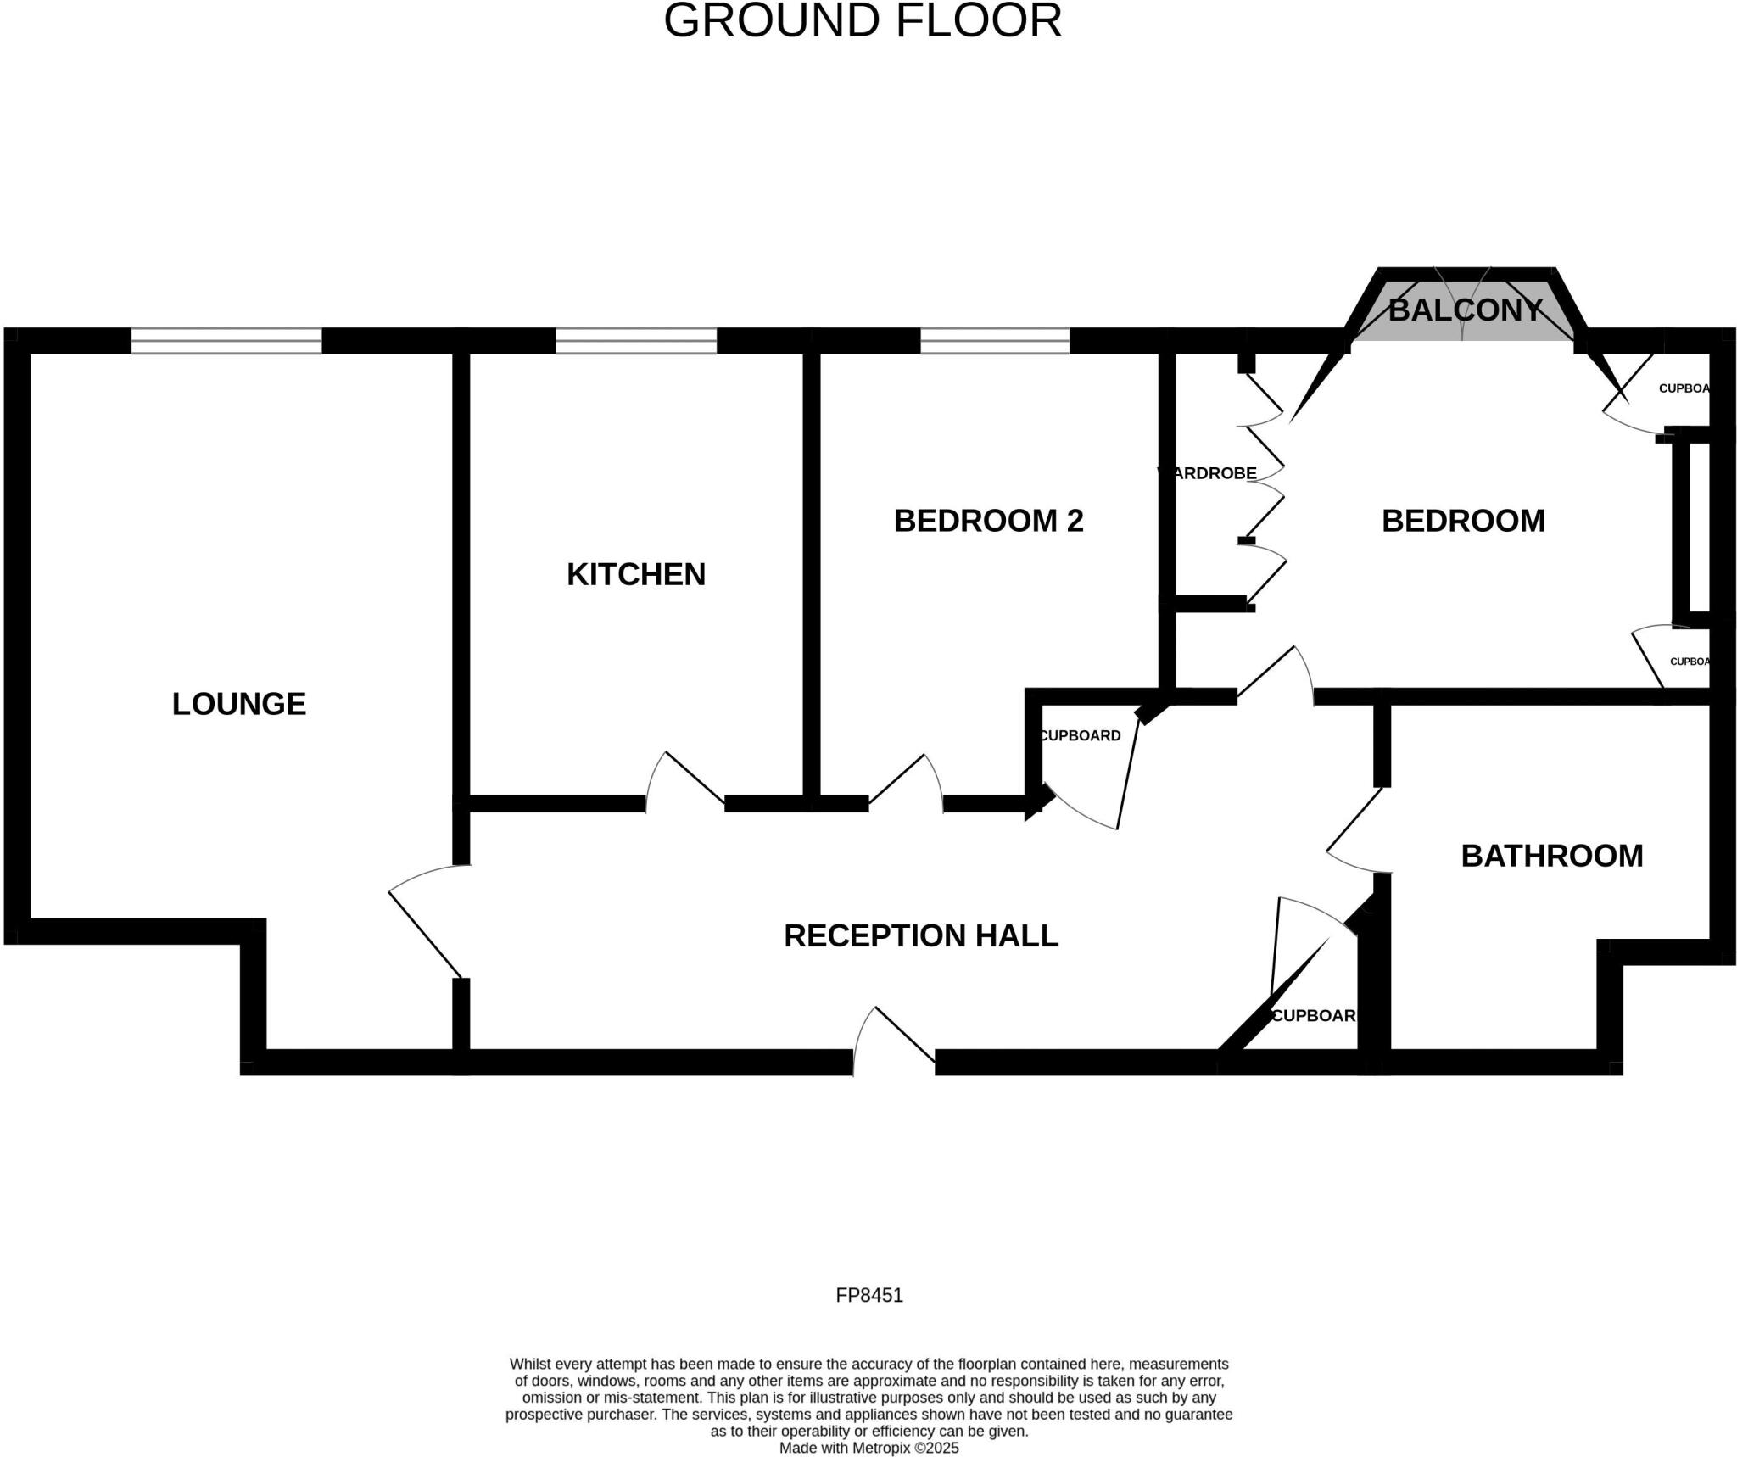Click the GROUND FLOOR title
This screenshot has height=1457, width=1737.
click(862, 21)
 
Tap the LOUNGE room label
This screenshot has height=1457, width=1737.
click(238, 704)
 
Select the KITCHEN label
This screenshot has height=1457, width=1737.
click(635, 574)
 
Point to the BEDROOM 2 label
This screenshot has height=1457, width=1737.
click(988, 520)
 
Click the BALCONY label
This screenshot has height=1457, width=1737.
click(1465, 310)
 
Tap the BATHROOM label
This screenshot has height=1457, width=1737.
click(1551, 856)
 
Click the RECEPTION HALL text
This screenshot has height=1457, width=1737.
click(920, 935)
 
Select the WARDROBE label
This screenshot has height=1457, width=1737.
click(1208, 473)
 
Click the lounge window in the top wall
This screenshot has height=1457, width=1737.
click(226, 341)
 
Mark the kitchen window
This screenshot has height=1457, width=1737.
click(636, 341)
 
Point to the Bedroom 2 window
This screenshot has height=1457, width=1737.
click(994, 341)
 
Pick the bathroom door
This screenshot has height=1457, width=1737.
click(1357, 831)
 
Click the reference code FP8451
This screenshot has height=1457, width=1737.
click(868, 1295)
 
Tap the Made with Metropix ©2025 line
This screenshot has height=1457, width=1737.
click(868, 1448)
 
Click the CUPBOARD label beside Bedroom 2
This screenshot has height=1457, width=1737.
click(1081, 735)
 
